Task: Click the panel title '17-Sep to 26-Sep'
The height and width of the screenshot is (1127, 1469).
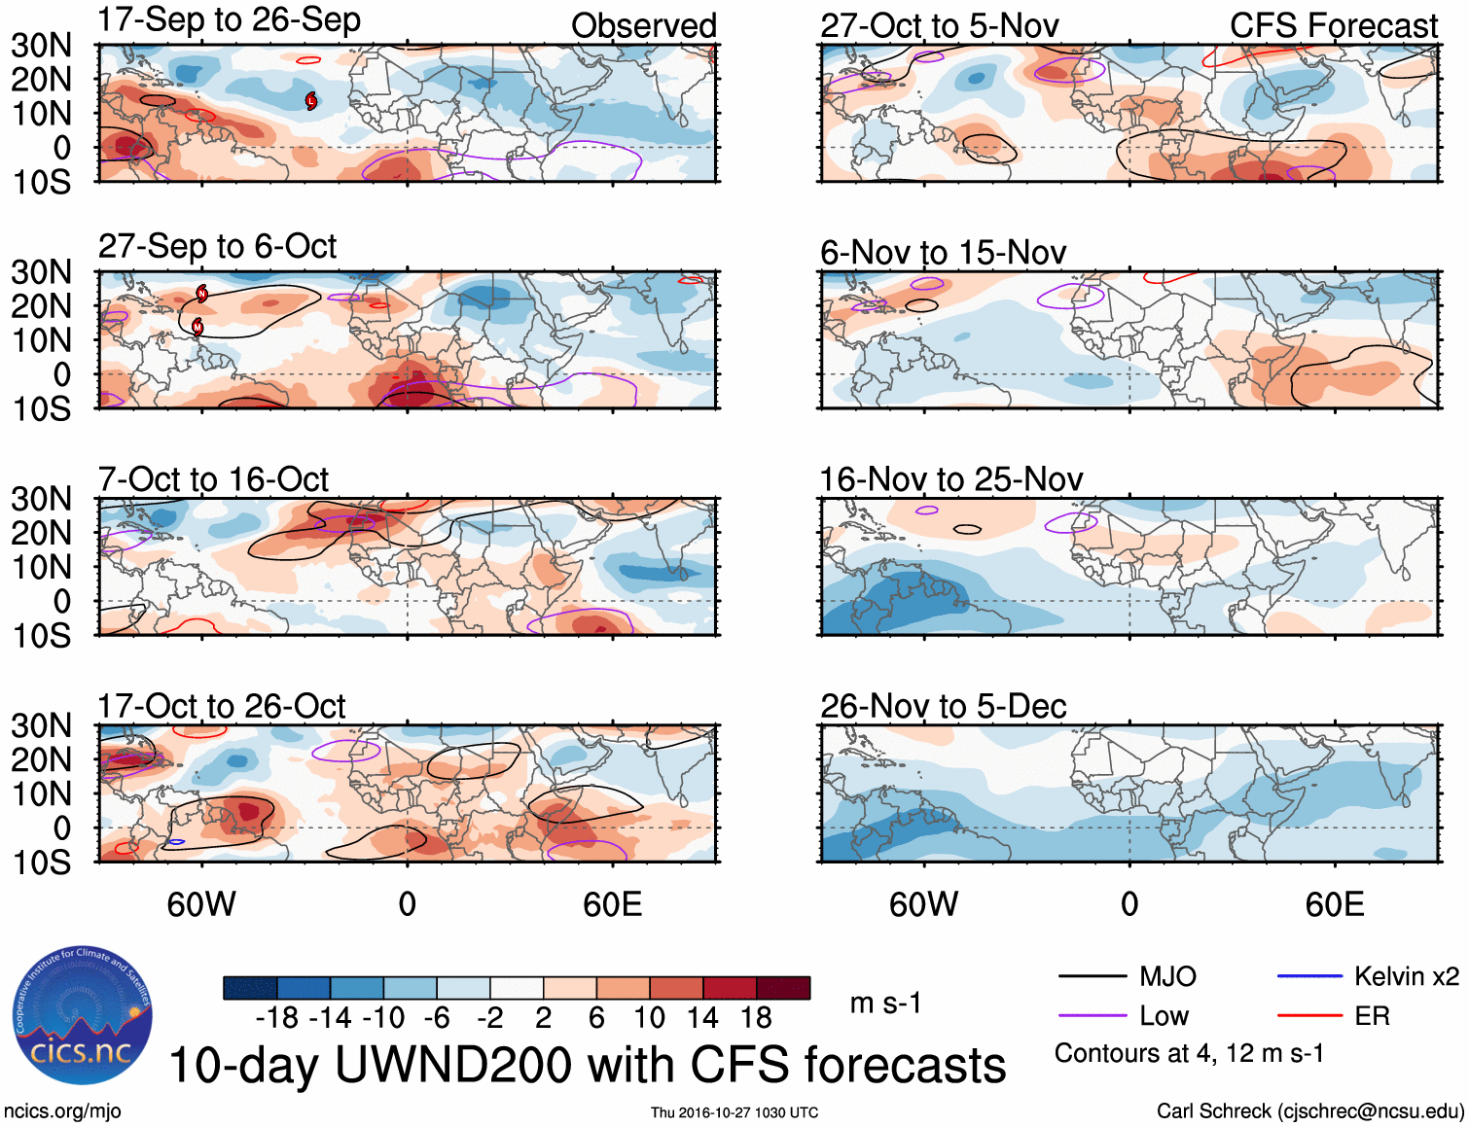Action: (x=230, y=20)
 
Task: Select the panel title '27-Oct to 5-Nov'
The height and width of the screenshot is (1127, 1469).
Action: (x=939, y=26)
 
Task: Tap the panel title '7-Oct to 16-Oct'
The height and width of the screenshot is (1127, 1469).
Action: (x=213, y=479)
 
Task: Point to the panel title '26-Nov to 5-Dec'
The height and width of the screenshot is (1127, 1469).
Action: (x=943, y=706)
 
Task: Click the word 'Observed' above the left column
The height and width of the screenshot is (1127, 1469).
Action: (x=643, y=26)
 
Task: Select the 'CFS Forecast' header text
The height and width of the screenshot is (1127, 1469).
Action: (x=1333, y=26)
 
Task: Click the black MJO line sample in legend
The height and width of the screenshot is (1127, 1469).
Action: (x=1092, y=976)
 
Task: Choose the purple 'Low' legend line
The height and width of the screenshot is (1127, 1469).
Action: (x=1092, y=1016)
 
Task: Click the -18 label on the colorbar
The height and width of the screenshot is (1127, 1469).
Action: (x=276, y=1018)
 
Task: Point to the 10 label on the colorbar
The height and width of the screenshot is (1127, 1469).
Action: (x=649, y=1018)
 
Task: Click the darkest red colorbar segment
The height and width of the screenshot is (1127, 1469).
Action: (x=783, y=988)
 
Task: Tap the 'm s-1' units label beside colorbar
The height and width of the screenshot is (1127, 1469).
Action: (x=885, y=1004)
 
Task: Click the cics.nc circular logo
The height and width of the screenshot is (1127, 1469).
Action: (x=82, y=1016)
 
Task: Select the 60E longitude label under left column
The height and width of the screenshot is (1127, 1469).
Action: (x=612, y=905)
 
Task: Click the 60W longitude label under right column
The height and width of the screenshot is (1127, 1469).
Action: (x=923, y=905)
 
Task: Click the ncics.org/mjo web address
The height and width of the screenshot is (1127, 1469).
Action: (x=62, y=1111)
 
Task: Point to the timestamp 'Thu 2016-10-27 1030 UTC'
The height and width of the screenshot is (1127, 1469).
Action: (x=734, y=1112)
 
